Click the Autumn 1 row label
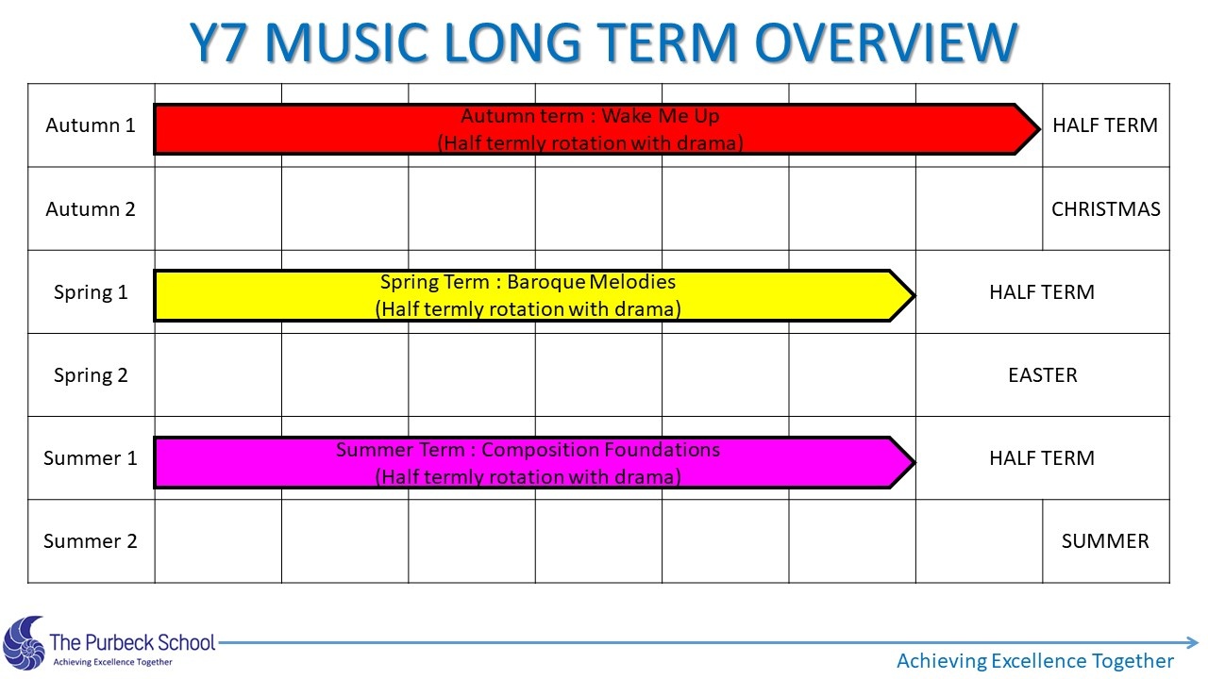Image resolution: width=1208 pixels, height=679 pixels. pos(90,125)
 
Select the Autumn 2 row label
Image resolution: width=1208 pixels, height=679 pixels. pos(90,209)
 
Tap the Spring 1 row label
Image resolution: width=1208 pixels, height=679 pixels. pos(91,292)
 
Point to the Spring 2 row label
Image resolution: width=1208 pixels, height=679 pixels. pos(91,375)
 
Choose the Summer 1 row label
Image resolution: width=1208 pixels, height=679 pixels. pos(90,458)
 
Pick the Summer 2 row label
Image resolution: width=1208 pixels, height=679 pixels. pos(90,541)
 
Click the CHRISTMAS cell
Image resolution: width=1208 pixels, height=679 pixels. pos(1105,209)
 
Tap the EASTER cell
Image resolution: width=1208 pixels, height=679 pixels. pos(1043,375)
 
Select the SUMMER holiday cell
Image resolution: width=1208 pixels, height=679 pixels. pos(1105,541)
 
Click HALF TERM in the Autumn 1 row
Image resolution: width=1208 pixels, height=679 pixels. pos(1105,125)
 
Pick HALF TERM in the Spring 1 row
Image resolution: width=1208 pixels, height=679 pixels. pos(1042,292)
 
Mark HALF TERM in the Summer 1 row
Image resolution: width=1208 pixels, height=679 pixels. pos(1042,458)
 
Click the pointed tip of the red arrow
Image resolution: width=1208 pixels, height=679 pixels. pos(1039,129)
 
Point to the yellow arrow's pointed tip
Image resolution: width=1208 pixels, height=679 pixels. pos(914,295)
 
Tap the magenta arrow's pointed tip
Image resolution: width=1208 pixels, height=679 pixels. pos(914,462)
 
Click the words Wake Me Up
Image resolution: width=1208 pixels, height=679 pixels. pos(661,116)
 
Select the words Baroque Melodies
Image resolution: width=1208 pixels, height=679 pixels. pos(591,282)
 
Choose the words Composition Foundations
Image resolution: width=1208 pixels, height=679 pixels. pos(600,450)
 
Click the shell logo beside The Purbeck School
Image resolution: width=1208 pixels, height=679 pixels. pos(24,643)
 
